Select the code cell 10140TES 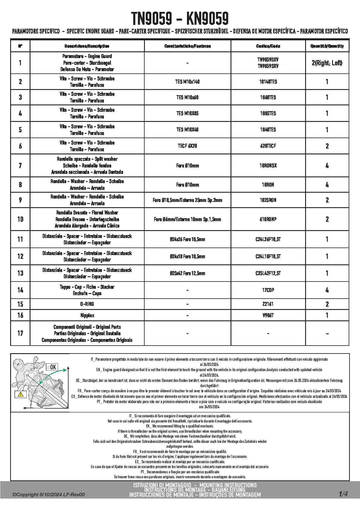point(268,82)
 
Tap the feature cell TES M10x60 point(187,97)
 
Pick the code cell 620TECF point(268,146)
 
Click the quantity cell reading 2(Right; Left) point(327,63)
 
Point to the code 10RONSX point(268,165)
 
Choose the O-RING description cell point(87,304)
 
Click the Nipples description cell point(87,315)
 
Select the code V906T point(268,315)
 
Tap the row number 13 point(20,273)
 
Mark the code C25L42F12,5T point(268,273)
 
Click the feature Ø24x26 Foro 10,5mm point(187,239)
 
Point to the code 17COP point(268,290)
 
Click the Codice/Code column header point(268,46)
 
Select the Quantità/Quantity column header point(327,46)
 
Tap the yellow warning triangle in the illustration point(21,394)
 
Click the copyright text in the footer point(48,494)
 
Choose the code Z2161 point(268,304)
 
